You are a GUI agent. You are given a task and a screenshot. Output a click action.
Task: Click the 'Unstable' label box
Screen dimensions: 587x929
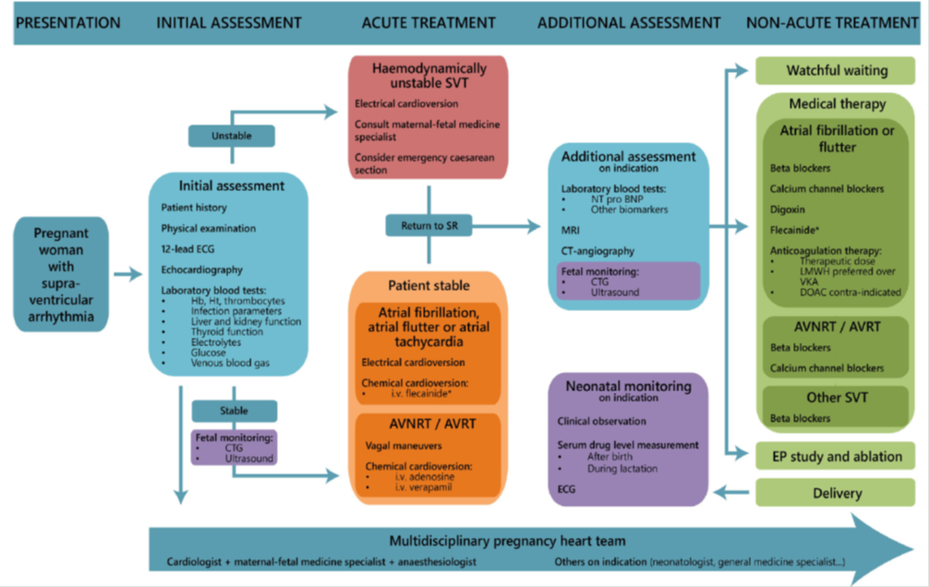231,135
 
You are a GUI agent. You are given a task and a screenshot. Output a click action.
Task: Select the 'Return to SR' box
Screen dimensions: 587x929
428,224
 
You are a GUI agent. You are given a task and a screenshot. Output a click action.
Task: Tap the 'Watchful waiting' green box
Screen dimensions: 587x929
836,70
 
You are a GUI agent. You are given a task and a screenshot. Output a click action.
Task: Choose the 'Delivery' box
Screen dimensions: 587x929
836,493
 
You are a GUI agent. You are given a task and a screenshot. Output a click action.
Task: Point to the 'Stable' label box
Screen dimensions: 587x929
233,411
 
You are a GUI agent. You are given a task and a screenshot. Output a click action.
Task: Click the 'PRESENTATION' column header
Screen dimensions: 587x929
68,22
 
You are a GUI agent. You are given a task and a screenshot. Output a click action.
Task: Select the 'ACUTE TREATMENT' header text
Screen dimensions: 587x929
428,22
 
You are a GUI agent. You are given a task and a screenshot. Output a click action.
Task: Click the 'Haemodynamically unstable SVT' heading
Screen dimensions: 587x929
428,77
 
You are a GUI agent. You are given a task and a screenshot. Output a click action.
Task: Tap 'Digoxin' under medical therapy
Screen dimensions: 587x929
790,209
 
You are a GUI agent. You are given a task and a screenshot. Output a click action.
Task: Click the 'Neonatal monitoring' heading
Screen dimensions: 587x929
629,386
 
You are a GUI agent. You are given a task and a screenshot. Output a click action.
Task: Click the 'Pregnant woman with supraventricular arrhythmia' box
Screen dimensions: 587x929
60,274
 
